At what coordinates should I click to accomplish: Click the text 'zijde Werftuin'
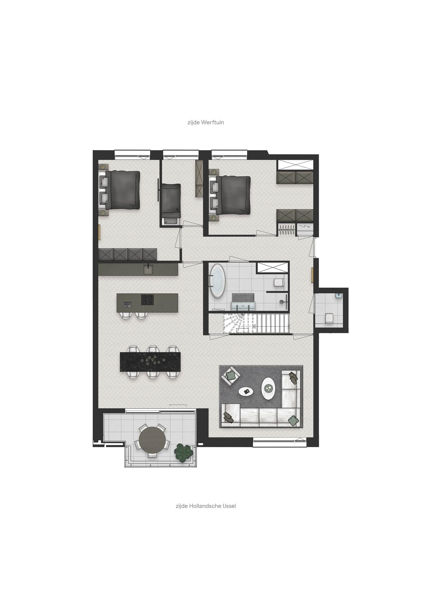[x=206, y=122]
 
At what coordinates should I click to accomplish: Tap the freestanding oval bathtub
[x=218, y=280]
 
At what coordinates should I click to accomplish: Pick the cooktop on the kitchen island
[x=148, y=300]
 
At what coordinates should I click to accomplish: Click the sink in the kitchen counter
[x=148, y=269]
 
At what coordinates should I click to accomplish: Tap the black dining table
[x=150, y=362]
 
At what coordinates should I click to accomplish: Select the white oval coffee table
[x=268, y=389]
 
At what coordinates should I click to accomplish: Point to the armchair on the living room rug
[x=231, y=376]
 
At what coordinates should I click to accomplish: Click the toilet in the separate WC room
[x=329, y=318]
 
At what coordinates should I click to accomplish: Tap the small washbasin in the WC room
[x=339, y=296]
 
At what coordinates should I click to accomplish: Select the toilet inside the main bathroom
[x=279, y=283]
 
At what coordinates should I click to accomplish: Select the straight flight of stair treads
[x=272, y=324]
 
